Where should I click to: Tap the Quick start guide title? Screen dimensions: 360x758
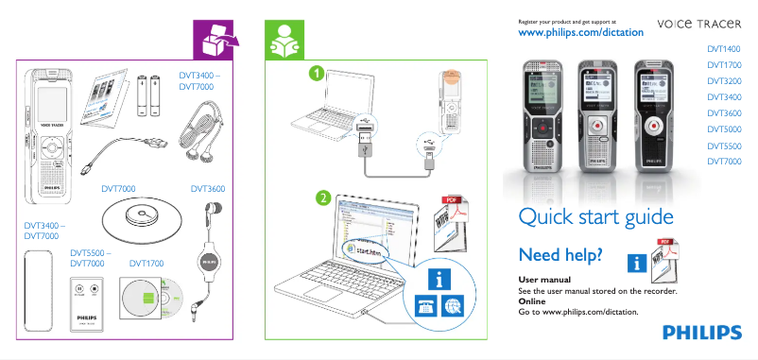coord(595,217)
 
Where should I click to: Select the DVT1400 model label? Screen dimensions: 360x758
coord(723,48)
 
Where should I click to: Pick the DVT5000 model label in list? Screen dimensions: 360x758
coord(723,129)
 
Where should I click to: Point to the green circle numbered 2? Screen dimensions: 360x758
coord(322,198)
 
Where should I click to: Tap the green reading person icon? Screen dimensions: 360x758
coord(283,39)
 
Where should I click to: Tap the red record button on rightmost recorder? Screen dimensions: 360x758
coord(653,123)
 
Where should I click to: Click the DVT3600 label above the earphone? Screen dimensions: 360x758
coord(207,189)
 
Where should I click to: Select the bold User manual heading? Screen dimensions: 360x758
coord(544,281)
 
